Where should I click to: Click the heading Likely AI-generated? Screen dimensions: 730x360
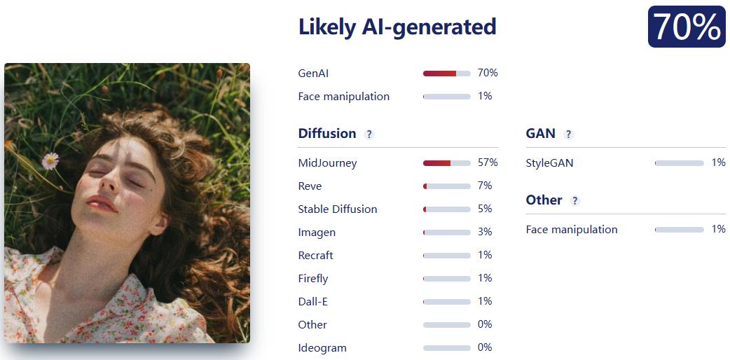(x=397, y=27)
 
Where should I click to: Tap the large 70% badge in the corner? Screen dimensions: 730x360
(x=687, y=27)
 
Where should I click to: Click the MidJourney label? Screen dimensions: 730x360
(x=327, y=163)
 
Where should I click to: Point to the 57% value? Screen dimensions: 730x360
(x=488, y=162)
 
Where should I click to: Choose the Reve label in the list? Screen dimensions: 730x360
(x=310, y=186)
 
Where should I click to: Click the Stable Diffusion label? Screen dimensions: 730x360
(x=338, y=209)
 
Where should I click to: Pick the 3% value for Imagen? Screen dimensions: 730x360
(x=485, y=232)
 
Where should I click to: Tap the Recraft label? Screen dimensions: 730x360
(x=316, y=255)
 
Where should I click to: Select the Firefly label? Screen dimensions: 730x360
(x=313, y=279)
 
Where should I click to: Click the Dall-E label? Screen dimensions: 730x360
(x=313, y=302)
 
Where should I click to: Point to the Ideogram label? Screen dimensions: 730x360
(x=322, y=348)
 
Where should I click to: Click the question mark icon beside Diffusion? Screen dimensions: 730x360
(x=369, y=134)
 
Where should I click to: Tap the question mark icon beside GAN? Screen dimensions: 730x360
(x=568, y=134)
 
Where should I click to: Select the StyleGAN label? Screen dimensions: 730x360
(x=549, y=163)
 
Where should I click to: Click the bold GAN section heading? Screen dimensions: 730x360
(x=541, y=134)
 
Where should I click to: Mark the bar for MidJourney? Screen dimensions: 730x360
(x=446, y=163)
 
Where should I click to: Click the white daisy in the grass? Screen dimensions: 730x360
(x=50, y=160)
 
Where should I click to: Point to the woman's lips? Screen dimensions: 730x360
(x=101, y=203)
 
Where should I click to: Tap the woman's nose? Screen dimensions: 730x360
(x=108, y=181)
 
